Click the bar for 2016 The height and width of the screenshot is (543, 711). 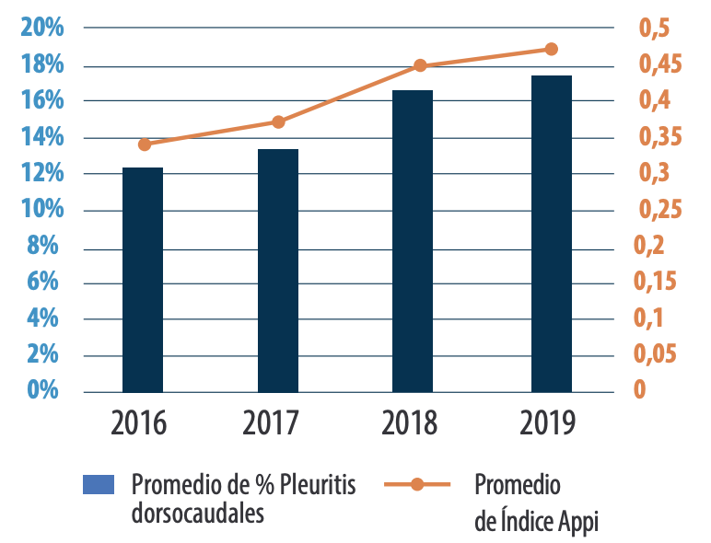pyautogui.click(x=143, y=280)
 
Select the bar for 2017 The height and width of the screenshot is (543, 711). pyautogui.click(x=277, y=271)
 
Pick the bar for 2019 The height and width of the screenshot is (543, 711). pyautogui.click(x=551, y=234)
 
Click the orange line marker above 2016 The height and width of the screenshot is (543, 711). pyautogui.click(x=145, y=144)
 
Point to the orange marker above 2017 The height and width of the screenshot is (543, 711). pyautogui.click(x=278, y=121)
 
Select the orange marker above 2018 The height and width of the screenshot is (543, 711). pyautogui.click(x=420, y=65)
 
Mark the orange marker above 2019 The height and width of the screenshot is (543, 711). pyautogui.click(x=551, y=49)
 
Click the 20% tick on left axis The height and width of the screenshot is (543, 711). pyautogui.click(x=42, y=28)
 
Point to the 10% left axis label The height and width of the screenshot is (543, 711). pyautogui.click(x=42, y=210)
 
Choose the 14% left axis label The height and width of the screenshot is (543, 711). pyautogui.click(x=42, y=138)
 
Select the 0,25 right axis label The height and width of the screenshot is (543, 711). pyautogui.click(x=658, y=210)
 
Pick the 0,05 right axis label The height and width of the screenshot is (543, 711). pyautogui.click(x=658, y=354)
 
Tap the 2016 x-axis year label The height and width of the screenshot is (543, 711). pyautogui.click(x=139, y=424)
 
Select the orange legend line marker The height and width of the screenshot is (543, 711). pyautogui.click(x=416, y=484)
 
